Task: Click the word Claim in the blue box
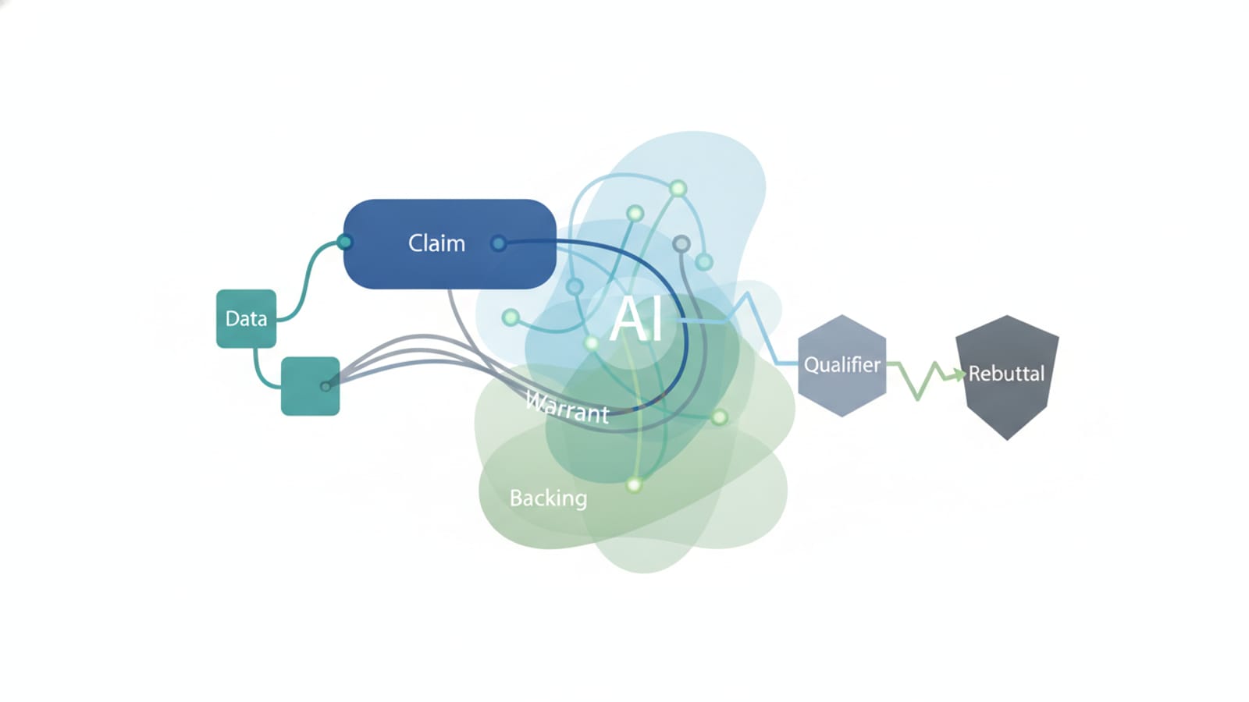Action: pos(436,243)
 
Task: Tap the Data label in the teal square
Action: pos(246,319)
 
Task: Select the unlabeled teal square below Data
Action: pos(310,386)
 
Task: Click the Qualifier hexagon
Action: pos(842,366)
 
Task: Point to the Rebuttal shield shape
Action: pos(1007,377)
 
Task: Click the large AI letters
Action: pos(636,320)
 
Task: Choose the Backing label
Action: pos(548,498)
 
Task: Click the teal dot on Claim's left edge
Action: pos(344,243)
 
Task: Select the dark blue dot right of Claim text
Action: pos(499,243)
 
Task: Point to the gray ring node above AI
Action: pos(681,243)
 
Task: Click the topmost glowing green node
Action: pos(678,189)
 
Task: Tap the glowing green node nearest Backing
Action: pos(634,484)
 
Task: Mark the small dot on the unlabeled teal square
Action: pos(326,386)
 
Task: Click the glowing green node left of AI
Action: pos(511,317)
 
